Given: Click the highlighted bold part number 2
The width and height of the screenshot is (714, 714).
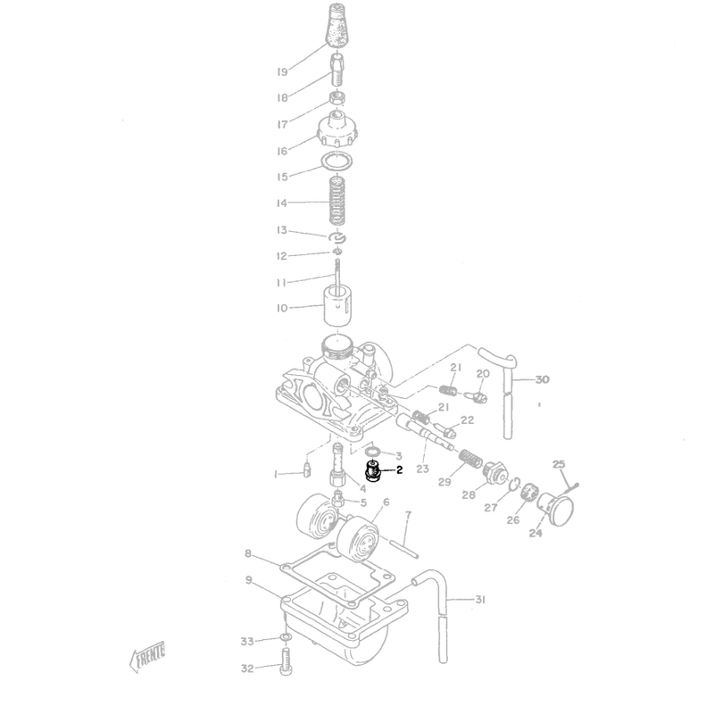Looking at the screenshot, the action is [x=399, y=470].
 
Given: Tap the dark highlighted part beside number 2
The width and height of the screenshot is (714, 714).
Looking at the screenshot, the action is [x=373, y=472].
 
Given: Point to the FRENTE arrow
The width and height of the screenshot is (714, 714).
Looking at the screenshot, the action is [x=147, y=656].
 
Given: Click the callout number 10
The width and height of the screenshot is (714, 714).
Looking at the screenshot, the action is [x=282, y=308].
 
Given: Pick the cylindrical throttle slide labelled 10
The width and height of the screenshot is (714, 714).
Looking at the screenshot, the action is [x=337, y=305].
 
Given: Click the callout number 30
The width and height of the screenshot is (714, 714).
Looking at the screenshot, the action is [x=542, y=379].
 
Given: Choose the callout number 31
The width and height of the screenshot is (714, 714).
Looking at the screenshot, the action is [x=480, y=600].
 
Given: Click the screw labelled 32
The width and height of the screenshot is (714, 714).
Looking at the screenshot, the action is [x=286, y=663].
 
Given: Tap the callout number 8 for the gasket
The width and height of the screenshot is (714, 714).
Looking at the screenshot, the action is [x=248, y=553].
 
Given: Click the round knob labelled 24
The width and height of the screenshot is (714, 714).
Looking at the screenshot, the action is [x=555, y=510].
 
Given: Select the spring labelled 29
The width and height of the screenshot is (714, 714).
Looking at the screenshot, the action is [x=463, y=459].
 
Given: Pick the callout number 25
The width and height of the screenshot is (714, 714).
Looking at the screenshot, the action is [x=559, y=464].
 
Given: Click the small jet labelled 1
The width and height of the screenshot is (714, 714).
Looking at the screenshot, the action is [x=306, y=469].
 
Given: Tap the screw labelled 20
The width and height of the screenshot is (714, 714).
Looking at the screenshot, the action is [x=477, y=397].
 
